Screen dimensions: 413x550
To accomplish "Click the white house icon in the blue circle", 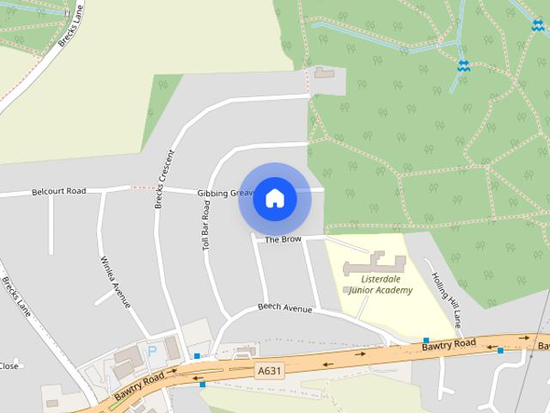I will click(275, 199).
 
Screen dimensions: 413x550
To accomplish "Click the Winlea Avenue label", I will click(114, 281).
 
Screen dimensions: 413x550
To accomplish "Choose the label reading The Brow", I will click(283, 239).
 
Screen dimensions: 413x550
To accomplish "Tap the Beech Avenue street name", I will click(284, 307).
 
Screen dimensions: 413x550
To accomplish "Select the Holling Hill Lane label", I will click(447, 299).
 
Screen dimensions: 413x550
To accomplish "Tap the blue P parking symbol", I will click(152, 351).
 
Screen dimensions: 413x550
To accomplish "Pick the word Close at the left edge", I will click(9, 366).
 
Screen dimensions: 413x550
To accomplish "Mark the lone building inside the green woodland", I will click(326, 73).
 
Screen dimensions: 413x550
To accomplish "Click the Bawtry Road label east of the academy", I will click(449, 344).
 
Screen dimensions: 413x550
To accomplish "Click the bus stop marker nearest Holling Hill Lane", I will click(425, 341).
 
